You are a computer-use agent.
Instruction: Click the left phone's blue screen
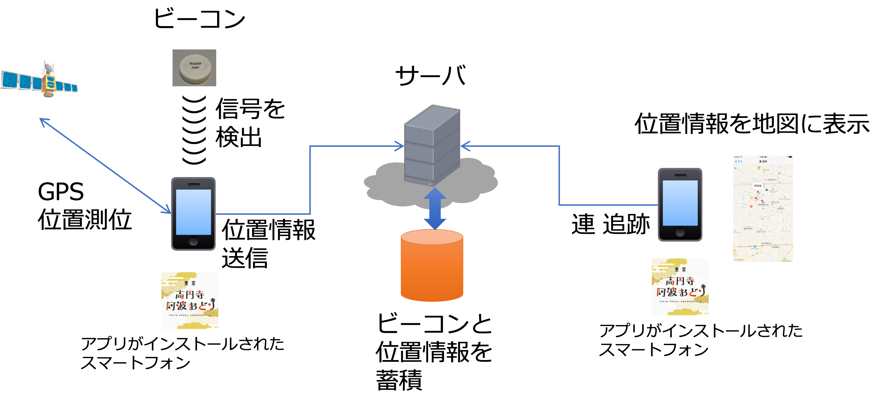[x=193, y=212]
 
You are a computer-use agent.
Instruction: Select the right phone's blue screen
[x=680, y=203]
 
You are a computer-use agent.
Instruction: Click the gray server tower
[x=432, y=144]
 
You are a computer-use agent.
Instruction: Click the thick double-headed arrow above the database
[x=435, y=209]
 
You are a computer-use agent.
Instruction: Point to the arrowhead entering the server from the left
[x=400, y=146]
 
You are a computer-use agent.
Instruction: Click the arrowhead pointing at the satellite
[x=43, y=121]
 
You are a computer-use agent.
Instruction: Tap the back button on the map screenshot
[x=739, y=161]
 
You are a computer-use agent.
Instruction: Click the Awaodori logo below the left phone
[x=190, y=301]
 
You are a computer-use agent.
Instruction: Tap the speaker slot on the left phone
[x=193, y=185]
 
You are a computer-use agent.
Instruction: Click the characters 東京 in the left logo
[x=190, y=283]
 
